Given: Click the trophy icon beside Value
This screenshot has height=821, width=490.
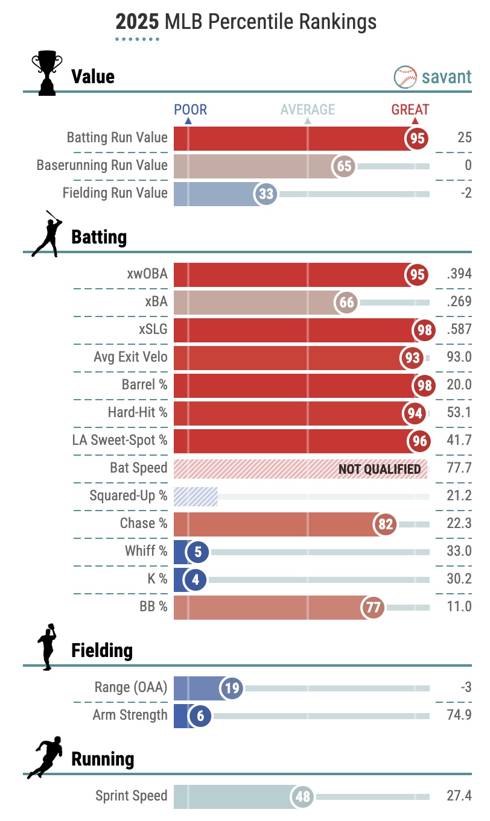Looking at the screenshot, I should click(x=46, y=74).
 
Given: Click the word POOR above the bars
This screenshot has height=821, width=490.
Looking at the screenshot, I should click(x=190, y=110).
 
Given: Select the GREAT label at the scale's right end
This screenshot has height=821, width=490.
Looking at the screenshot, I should click(x=410, y=110).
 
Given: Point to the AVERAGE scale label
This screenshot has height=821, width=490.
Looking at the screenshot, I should click(x=307, y=110).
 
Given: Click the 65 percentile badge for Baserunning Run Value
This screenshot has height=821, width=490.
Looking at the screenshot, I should click(x=345, y=166).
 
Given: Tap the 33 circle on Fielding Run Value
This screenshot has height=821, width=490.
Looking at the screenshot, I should click(x=266, y=193).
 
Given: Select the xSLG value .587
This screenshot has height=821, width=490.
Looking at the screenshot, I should click(x=459, y=330).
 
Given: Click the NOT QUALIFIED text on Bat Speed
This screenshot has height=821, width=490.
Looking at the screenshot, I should click(x=379, y=468).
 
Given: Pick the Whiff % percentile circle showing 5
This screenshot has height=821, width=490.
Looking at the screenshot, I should click(x=197, y=552).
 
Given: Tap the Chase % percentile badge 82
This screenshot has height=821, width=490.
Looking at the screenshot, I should click(x=385, y=524).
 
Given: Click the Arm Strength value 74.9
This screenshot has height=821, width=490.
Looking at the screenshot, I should click(x=459, y=715).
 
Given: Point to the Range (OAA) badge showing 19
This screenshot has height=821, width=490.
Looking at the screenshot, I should click(x=231, y=688).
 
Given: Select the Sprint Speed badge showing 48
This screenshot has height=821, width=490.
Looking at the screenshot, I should click(x=302, y=797).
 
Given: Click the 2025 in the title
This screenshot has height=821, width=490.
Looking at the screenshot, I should click(x=137, y=22).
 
